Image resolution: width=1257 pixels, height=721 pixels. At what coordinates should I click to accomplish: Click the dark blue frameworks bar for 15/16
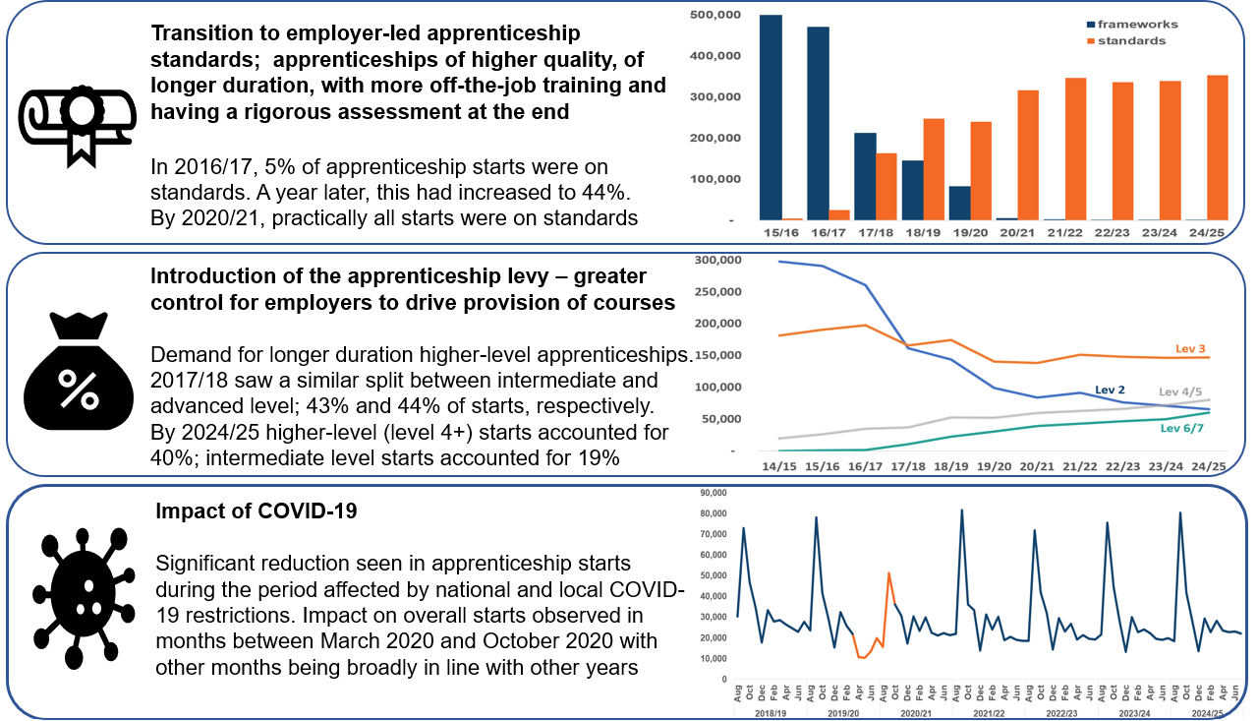click(771, 118)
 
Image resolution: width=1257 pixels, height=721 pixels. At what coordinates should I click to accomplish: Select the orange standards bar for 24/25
click(1216, 148)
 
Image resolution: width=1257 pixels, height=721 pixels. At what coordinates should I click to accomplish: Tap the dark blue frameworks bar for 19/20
click(959, 203)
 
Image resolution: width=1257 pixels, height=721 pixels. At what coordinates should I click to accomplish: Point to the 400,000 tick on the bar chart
click(717, 56)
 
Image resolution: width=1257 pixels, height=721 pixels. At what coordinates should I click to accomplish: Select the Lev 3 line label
click(1191, 348)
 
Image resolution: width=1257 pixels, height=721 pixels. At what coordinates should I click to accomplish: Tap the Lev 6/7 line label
click(1183, 428)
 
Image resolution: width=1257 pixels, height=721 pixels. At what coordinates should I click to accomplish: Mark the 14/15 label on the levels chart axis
click(780, 466)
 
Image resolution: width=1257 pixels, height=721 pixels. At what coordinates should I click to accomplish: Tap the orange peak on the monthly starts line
click(888, 572)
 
